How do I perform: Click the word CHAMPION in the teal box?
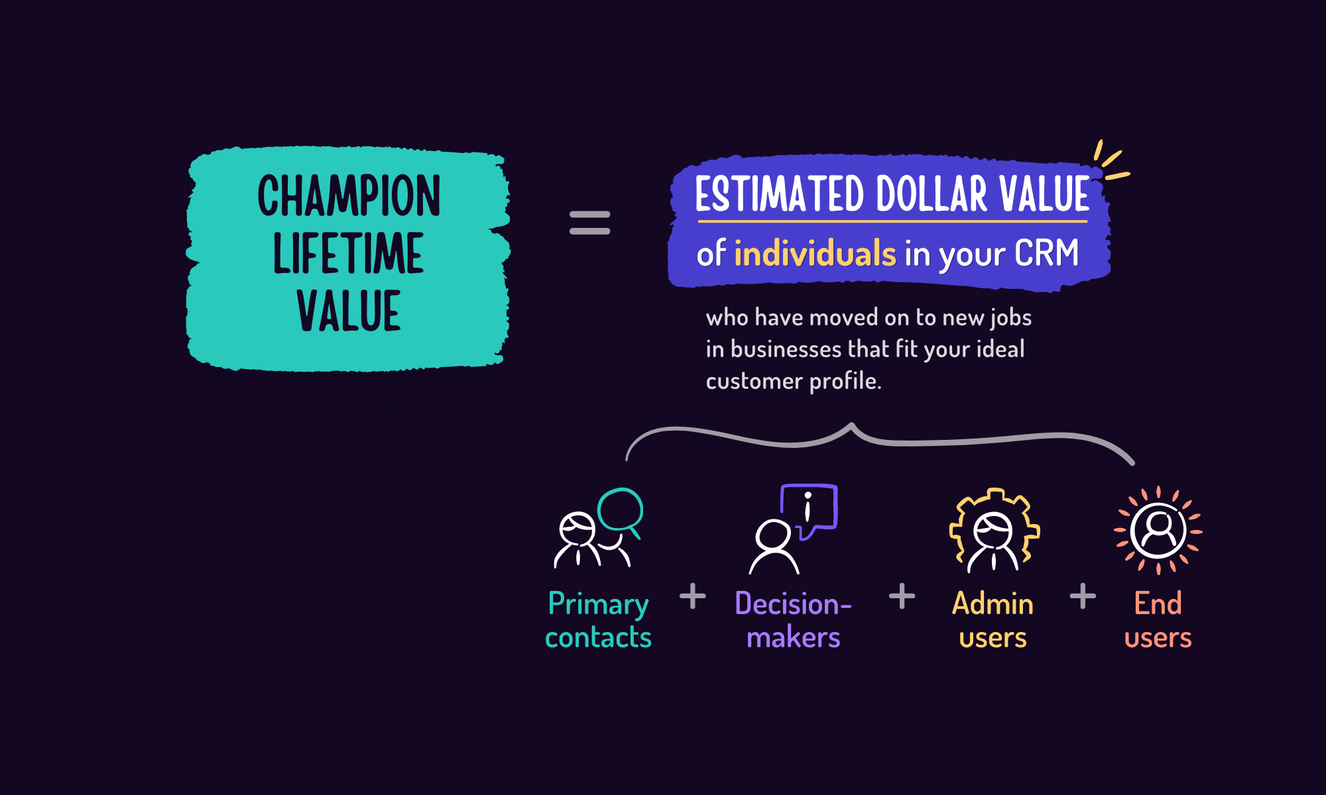(349, 196)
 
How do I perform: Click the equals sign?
(589, 223)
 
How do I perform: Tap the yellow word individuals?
(815, 254)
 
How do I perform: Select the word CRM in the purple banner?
(1046, 253)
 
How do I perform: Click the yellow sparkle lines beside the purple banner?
(1109, 162)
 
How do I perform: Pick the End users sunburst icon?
(1158, 530)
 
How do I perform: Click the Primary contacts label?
(598, 620)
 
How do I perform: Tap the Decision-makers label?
(793, 620)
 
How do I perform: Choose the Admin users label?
(993, 620)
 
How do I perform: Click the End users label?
(1158, 620)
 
